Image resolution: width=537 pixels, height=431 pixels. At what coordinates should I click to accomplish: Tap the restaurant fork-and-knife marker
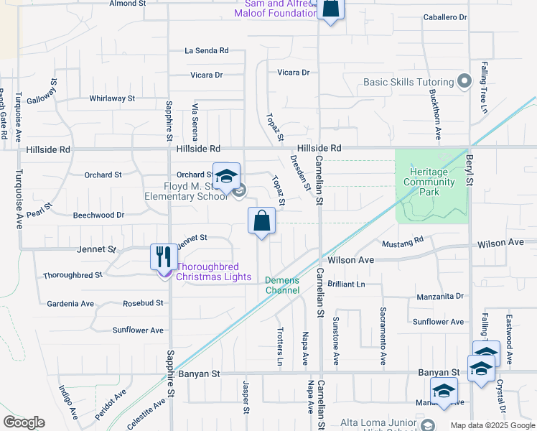(x=164, y=257)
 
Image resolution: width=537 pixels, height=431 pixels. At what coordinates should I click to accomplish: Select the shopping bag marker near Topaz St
(x=261, y=221)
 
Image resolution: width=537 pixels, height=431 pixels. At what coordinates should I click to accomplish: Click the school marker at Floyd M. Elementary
(x=226, y=176)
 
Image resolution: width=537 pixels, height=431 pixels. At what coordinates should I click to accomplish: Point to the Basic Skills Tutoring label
(x=408, y=82)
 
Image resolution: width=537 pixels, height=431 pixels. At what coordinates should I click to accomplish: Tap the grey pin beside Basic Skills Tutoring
(x=463, y=81)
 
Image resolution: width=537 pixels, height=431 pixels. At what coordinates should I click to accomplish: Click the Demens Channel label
(x=282, y=285)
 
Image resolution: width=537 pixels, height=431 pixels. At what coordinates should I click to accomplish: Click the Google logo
(x=24, y=422)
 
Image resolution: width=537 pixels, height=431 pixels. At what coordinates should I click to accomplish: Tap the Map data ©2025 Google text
(x=492, y=425)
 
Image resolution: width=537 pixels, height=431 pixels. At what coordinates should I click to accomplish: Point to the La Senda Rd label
(x=206, y=51)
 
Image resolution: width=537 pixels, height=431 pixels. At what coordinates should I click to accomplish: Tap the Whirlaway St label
(x=112, y=98)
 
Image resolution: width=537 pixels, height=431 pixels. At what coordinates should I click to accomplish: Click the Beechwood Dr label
(x=99, y=215)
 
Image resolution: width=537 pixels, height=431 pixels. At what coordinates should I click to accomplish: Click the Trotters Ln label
(x=280, y=346)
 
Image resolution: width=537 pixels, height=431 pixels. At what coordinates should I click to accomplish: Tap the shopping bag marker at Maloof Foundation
(x=331, y=9)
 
